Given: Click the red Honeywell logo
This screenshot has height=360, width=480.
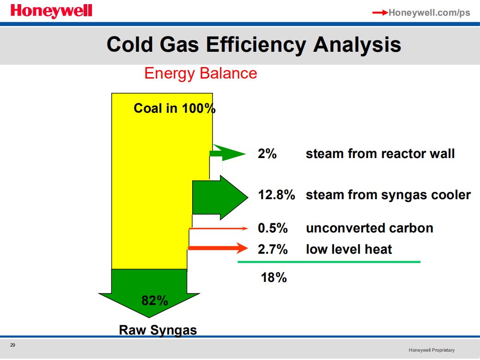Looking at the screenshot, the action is (x=51, y=12).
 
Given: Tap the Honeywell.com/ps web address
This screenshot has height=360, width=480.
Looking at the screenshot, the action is (x=429, y=12).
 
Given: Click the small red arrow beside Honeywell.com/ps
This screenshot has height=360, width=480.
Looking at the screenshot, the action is (x=380, y=12).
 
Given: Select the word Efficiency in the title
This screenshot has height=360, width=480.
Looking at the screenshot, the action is (x=256, y=45).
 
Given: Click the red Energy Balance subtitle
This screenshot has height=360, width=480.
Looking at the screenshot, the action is (x=201, y=73).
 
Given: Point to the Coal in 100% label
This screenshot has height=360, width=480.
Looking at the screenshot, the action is (x=175, y=108).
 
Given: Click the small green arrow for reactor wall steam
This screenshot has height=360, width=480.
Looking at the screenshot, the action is (x=227, y=153).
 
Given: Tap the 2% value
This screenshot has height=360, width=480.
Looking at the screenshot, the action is (x=267, y=154).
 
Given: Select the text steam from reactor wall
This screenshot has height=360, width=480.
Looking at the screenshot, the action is (x=380, y=154).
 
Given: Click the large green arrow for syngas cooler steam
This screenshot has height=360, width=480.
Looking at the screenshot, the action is (x=220, y=197).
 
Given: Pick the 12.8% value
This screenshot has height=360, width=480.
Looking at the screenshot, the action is (x=276, y=195).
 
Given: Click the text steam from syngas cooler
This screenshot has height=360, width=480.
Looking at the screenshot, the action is (x=388, y=195).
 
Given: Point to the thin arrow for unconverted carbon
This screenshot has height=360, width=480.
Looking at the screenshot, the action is (x=218, y=228).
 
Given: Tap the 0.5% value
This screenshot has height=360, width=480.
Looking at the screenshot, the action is (x=273, y=228).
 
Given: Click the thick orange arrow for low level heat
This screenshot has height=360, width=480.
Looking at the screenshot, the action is (x=218, y=248).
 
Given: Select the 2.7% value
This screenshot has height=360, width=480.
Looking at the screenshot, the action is (x=273, y=249).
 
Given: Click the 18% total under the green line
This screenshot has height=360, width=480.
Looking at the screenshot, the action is (x=273, y=278).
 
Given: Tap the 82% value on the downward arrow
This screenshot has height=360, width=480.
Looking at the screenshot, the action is (x=155, y=300).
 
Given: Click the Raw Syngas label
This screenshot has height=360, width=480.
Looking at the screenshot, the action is (x=158, y=330).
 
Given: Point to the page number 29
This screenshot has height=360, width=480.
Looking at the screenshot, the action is (x=12, y=345).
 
